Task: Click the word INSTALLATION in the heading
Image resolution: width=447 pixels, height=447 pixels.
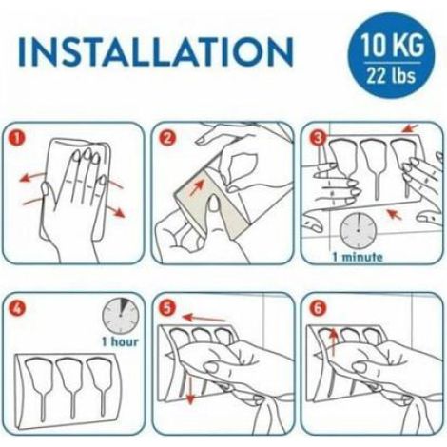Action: pos(156,51)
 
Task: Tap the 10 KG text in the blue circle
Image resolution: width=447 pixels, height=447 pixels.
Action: pos(392,45)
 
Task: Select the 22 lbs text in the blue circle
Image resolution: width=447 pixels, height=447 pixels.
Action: pos(391,75)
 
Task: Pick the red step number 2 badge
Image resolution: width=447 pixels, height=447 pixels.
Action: pos(166,138)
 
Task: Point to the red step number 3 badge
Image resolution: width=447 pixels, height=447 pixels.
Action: pos(317,138)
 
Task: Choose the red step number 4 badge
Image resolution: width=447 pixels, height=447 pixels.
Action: pos(17,308)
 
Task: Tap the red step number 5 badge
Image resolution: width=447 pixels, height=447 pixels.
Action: pos(166,308)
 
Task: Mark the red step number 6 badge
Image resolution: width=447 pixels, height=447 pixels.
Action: pos(317,308)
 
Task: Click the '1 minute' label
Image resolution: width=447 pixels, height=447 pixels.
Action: pos(358,256)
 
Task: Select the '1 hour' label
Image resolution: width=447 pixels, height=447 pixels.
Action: pos(120,341)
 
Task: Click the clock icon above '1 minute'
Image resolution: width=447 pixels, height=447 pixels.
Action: pos(358,229)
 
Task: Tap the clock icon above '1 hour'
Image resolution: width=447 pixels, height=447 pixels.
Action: pos(121,316)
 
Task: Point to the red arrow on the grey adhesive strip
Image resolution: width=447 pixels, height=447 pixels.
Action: pos(197,186)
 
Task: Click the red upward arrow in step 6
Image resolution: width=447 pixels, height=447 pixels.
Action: pos(333,342)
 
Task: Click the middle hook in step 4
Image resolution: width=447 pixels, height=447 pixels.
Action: pos(70,388)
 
